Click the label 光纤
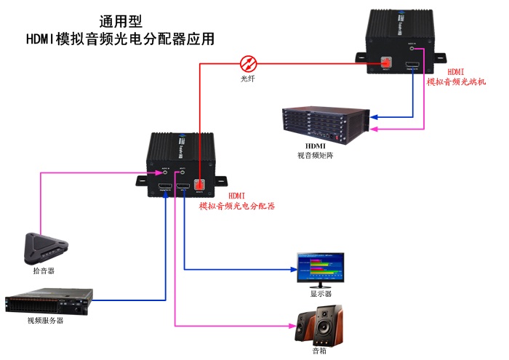pyautogui.click(x=249, y=77)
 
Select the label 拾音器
pyautogui.click(x=44, y=271)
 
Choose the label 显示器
pyautogui.click(x=321, y=294)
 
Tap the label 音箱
pyautogui.click(x=319, y=351)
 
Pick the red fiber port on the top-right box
pyautogui.click(x=386, y=65)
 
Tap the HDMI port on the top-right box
pyautogui.click(x=412, y=65)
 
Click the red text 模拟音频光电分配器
pyautogui.click(x=237, y=207)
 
